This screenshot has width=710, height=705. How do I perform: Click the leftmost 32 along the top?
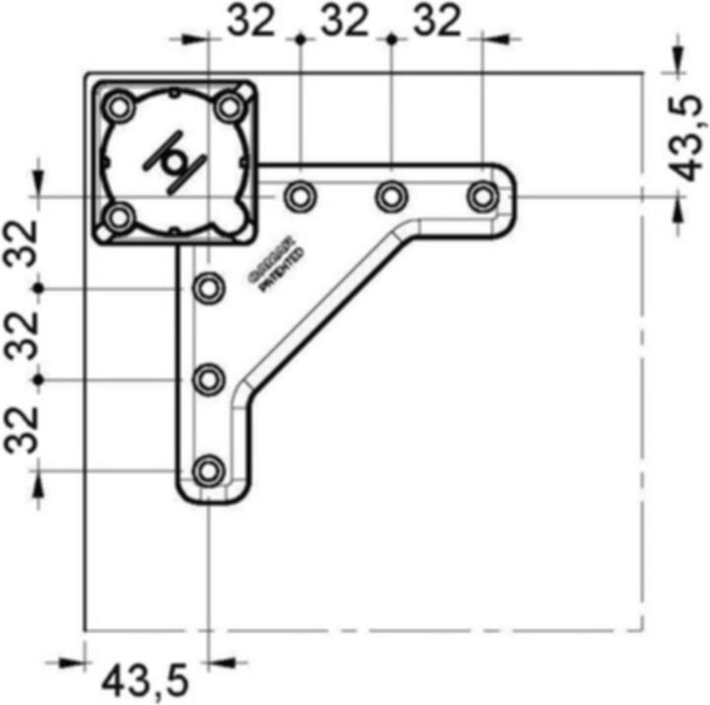[252, 21]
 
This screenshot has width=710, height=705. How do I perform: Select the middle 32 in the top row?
[345, 21]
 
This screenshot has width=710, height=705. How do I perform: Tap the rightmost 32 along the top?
[437, 21]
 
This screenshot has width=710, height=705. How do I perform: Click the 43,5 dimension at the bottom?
[145, 680]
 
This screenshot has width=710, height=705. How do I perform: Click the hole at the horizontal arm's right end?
[482, 197]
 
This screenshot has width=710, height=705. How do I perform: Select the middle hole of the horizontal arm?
[390, 197]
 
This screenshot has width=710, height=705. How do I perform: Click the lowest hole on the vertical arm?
[208, 471]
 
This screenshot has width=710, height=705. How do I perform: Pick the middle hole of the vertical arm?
[208, 380]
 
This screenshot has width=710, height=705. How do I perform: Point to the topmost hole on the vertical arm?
[208, 289]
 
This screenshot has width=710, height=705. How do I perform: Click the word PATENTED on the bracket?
[281, 272]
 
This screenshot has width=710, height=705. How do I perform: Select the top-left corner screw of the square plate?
[120, 106]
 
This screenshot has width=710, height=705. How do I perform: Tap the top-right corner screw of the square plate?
[230, 106]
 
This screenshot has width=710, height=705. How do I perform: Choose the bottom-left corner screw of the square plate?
[120, 216]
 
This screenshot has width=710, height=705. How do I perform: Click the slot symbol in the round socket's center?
[176, 161]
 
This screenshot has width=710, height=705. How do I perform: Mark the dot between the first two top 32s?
[300, 37]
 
